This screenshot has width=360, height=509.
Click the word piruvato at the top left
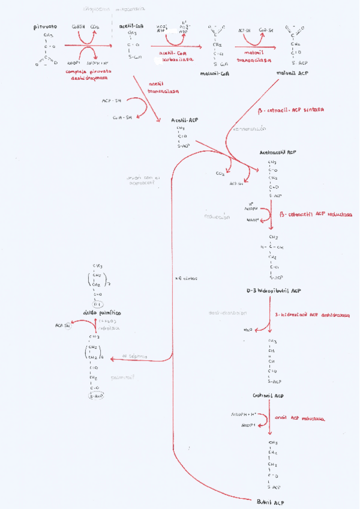coord(45,27)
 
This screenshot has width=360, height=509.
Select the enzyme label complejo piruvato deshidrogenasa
coord(85,75)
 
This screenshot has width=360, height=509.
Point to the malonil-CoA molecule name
coord(218,74)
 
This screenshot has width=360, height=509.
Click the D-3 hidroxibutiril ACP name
coord(274,291)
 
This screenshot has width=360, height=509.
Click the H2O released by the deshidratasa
coord(248,330)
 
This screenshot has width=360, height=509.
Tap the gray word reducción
coord(217,217)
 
